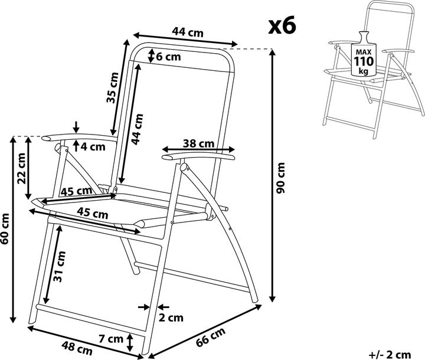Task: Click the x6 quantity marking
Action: click(x=282, y=27)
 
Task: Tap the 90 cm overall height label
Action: click(x=281, y=178)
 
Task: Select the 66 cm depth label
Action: click(x=210, y=337)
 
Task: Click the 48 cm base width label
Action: click(x=77, y=348)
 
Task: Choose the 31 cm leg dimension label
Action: click(x=60, y=267)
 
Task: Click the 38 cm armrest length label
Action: click(x=198, y=143)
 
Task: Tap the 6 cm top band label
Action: click(x=168, y=57)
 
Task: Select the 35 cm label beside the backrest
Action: click(x=113, y=88)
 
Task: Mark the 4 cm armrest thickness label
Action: click(x=93, y=147)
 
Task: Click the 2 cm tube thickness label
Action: click(x=171, y=318)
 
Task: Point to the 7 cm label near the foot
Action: click(x=111, y=339)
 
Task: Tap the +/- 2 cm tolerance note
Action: click(x=390, y=354)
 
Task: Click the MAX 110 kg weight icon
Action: click(x=364, y=54)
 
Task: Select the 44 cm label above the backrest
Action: click(x=188, y=32)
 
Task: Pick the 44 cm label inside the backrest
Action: click(x=137, y=129)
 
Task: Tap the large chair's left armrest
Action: click(x=79, y=138)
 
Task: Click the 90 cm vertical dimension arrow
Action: click(x=273, y=175)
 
